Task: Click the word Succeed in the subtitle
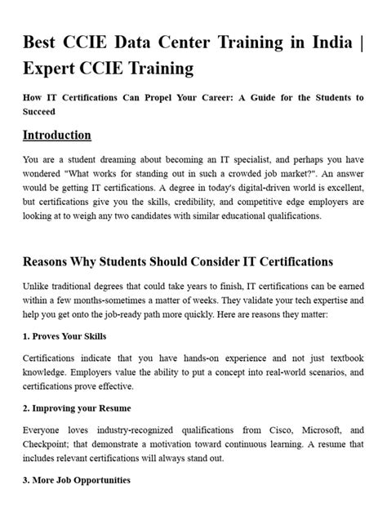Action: point(39,111)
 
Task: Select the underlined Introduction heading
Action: point(57,136)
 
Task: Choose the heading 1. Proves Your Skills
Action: point(65,336)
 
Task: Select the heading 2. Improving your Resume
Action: point(78,407)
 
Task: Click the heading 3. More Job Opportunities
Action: point(77,481)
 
